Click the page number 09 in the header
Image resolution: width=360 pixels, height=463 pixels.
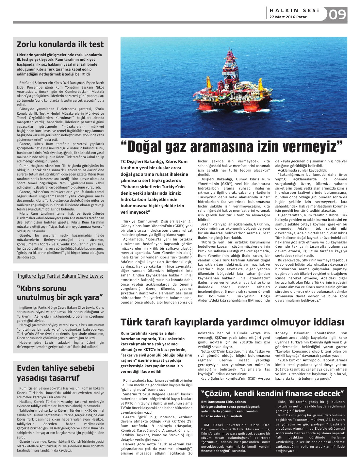pyautogui.click(x=337, y=15)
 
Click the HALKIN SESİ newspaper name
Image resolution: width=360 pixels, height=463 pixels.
pyautogui.click(x=294, y=10)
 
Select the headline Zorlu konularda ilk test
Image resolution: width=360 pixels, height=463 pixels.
pyautogui.click(x=60, y=44)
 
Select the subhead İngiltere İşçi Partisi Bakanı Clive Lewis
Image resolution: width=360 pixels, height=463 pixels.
pyautogui.click(x=60, y=276)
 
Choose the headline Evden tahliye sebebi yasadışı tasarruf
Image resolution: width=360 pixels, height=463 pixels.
pyautogui.click(x=56, y=373)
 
